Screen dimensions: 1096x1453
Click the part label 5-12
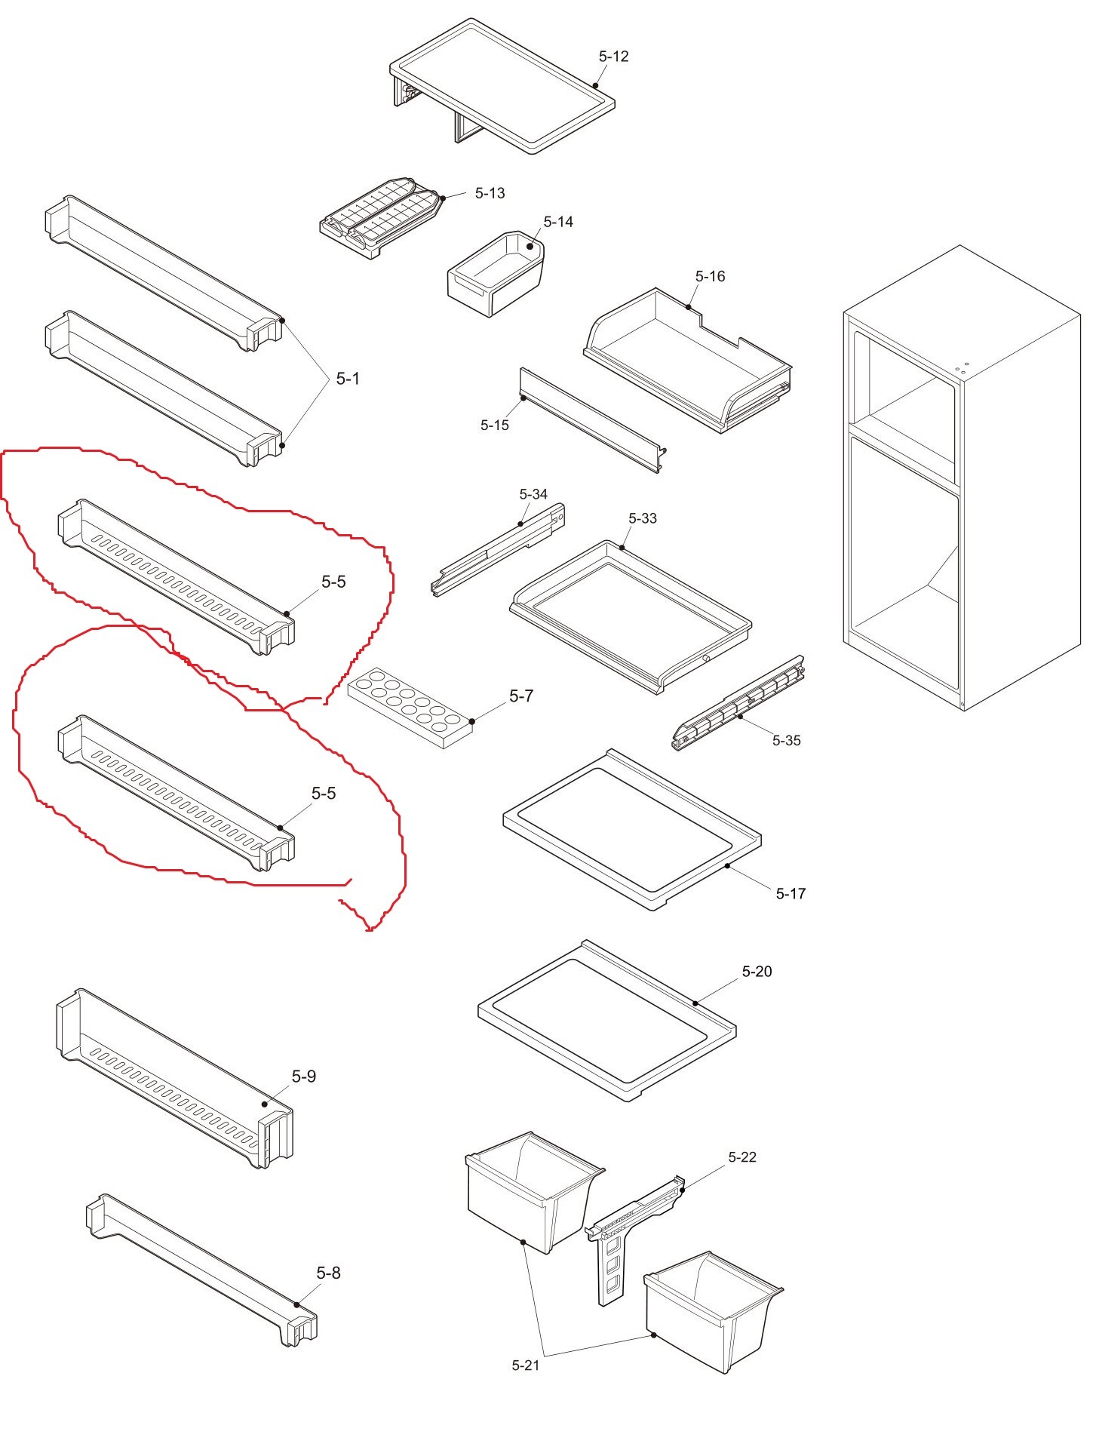(x=613, y=57)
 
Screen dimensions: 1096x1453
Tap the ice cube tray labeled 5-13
(x=381, y=217)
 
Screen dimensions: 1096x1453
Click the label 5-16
(x=710, y=277)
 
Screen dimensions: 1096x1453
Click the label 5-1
(x=348, y=379)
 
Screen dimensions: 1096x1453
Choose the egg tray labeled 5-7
(x=411, y=706)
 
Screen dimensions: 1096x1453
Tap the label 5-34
(x=533, y=494)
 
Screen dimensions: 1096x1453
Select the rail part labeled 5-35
(x=738, y=703)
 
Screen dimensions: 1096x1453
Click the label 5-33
(x=643, y=518)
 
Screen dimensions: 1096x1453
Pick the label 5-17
(x=791, y=894)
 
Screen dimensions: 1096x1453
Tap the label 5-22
(x=742, y=1157)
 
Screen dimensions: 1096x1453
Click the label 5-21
(x=526, y=1365)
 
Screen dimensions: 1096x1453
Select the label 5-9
(x=304, y=1077)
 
